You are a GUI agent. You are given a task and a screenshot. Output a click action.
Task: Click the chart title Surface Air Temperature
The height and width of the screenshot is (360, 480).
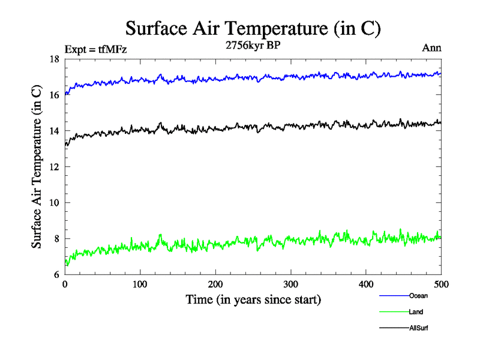(253, 28)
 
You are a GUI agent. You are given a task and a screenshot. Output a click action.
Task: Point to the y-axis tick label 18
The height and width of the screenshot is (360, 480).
(53, 59)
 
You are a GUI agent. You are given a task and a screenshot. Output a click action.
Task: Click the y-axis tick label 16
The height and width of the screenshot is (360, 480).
(53, 95)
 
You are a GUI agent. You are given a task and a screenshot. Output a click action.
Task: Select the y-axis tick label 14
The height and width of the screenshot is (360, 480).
(53, 131)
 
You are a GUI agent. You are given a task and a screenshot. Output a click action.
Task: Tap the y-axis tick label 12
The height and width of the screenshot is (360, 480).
(53, 167)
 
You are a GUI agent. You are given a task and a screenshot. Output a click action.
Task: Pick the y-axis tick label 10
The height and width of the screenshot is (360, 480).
(53, 203)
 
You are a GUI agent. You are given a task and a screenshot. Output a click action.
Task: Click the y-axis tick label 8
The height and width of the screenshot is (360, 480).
(56, 239)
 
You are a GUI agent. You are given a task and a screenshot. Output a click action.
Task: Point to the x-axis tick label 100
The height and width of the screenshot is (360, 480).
(140, 284)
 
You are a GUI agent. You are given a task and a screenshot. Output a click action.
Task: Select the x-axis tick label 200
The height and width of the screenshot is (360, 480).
(215, 284)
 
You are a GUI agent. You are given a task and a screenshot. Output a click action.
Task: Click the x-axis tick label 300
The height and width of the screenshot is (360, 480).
(290, 284)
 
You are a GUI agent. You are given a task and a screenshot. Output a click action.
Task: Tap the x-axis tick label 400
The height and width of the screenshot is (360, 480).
(366, 284)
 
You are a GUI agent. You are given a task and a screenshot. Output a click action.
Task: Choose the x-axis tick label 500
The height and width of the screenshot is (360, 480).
(440, 284)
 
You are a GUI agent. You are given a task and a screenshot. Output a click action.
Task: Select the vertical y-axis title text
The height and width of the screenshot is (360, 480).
(37, 167)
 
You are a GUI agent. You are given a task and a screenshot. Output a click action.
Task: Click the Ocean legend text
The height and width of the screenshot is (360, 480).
(418, 296)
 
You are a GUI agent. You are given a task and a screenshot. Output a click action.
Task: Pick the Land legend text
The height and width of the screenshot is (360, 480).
(416, 312)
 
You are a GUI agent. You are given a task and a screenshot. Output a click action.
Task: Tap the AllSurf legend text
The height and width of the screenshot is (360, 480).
(419, 328)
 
